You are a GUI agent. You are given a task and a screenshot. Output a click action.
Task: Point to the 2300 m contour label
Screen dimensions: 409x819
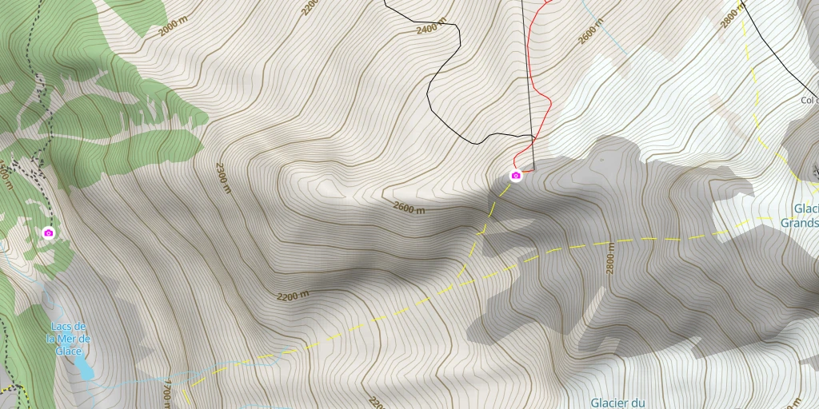[223, 177]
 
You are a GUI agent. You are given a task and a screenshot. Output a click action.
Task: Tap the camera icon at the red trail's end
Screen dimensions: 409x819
[516, 176]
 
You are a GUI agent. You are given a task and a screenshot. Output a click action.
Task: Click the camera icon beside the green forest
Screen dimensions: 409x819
[49, 232]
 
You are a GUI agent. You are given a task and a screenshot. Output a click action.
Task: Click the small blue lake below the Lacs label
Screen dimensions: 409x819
[83, 368]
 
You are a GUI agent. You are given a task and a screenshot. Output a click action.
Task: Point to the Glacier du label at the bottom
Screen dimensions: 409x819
[617, 403]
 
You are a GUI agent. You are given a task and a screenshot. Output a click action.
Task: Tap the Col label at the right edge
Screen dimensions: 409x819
[809, 101]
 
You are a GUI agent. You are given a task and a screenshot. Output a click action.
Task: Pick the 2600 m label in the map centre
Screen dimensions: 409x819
[409, 208]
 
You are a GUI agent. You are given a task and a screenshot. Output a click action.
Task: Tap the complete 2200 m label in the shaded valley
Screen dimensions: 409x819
[293, 296]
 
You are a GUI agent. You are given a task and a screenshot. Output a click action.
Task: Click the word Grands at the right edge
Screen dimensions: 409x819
[799, 223]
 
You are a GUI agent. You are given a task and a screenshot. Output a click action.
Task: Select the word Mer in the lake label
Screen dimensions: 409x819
[68, 339]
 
